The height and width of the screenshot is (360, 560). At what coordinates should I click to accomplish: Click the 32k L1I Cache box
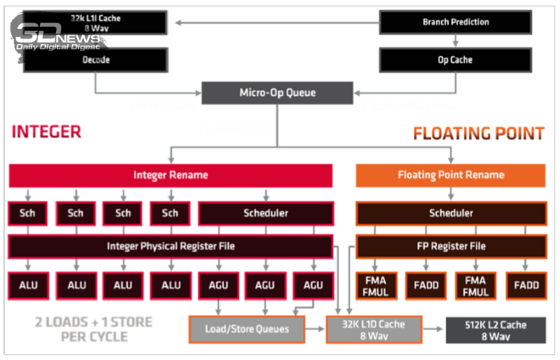coord(97,22)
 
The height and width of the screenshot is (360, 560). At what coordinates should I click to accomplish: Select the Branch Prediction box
coord(455,22)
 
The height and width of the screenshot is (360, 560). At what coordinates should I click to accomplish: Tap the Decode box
coord(97,60)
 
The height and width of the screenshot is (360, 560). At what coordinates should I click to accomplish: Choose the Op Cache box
coord(455,60)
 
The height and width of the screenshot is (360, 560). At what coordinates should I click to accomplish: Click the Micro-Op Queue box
coord(277,92)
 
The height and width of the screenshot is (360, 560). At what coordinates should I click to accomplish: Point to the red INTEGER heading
coord(46,132)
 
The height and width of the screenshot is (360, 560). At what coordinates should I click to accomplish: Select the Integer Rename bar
coord(170,175)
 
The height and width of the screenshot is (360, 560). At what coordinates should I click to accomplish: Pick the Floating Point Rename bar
coord(451,175)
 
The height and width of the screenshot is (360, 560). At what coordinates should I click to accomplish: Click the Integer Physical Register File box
coord(170,246)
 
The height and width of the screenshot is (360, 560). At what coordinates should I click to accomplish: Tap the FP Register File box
coord(451,246)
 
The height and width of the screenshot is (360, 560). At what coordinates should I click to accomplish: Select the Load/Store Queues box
coord(247,329)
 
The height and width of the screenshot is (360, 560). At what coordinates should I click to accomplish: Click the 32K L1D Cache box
coord(374,329)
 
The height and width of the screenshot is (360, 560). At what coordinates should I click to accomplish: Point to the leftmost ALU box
coord(28,285)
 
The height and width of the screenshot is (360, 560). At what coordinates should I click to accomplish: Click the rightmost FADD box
coord(526,285)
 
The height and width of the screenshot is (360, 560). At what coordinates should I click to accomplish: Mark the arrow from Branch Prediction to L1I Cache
coord(273,22)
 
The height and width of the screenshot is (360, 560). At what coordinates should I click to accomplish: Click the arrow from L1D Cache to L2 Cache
coord(434,329)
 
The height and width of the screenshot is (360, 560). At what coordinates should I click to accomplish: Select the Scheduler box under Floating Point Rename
coord(451,213)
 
